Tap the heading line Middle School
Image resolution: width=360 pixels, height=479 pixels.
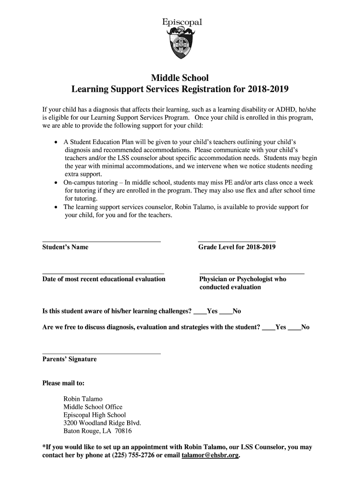(x=180, y=77)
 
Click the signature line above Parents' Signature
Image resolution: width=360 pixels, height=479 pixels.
(x=101, y=353)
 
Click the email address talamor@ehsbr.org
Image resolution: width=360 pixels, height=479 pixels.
(x=209, y=455)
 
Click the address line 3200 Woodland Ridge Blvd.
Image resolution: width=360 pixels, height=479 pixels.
(x=102, y=423)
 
